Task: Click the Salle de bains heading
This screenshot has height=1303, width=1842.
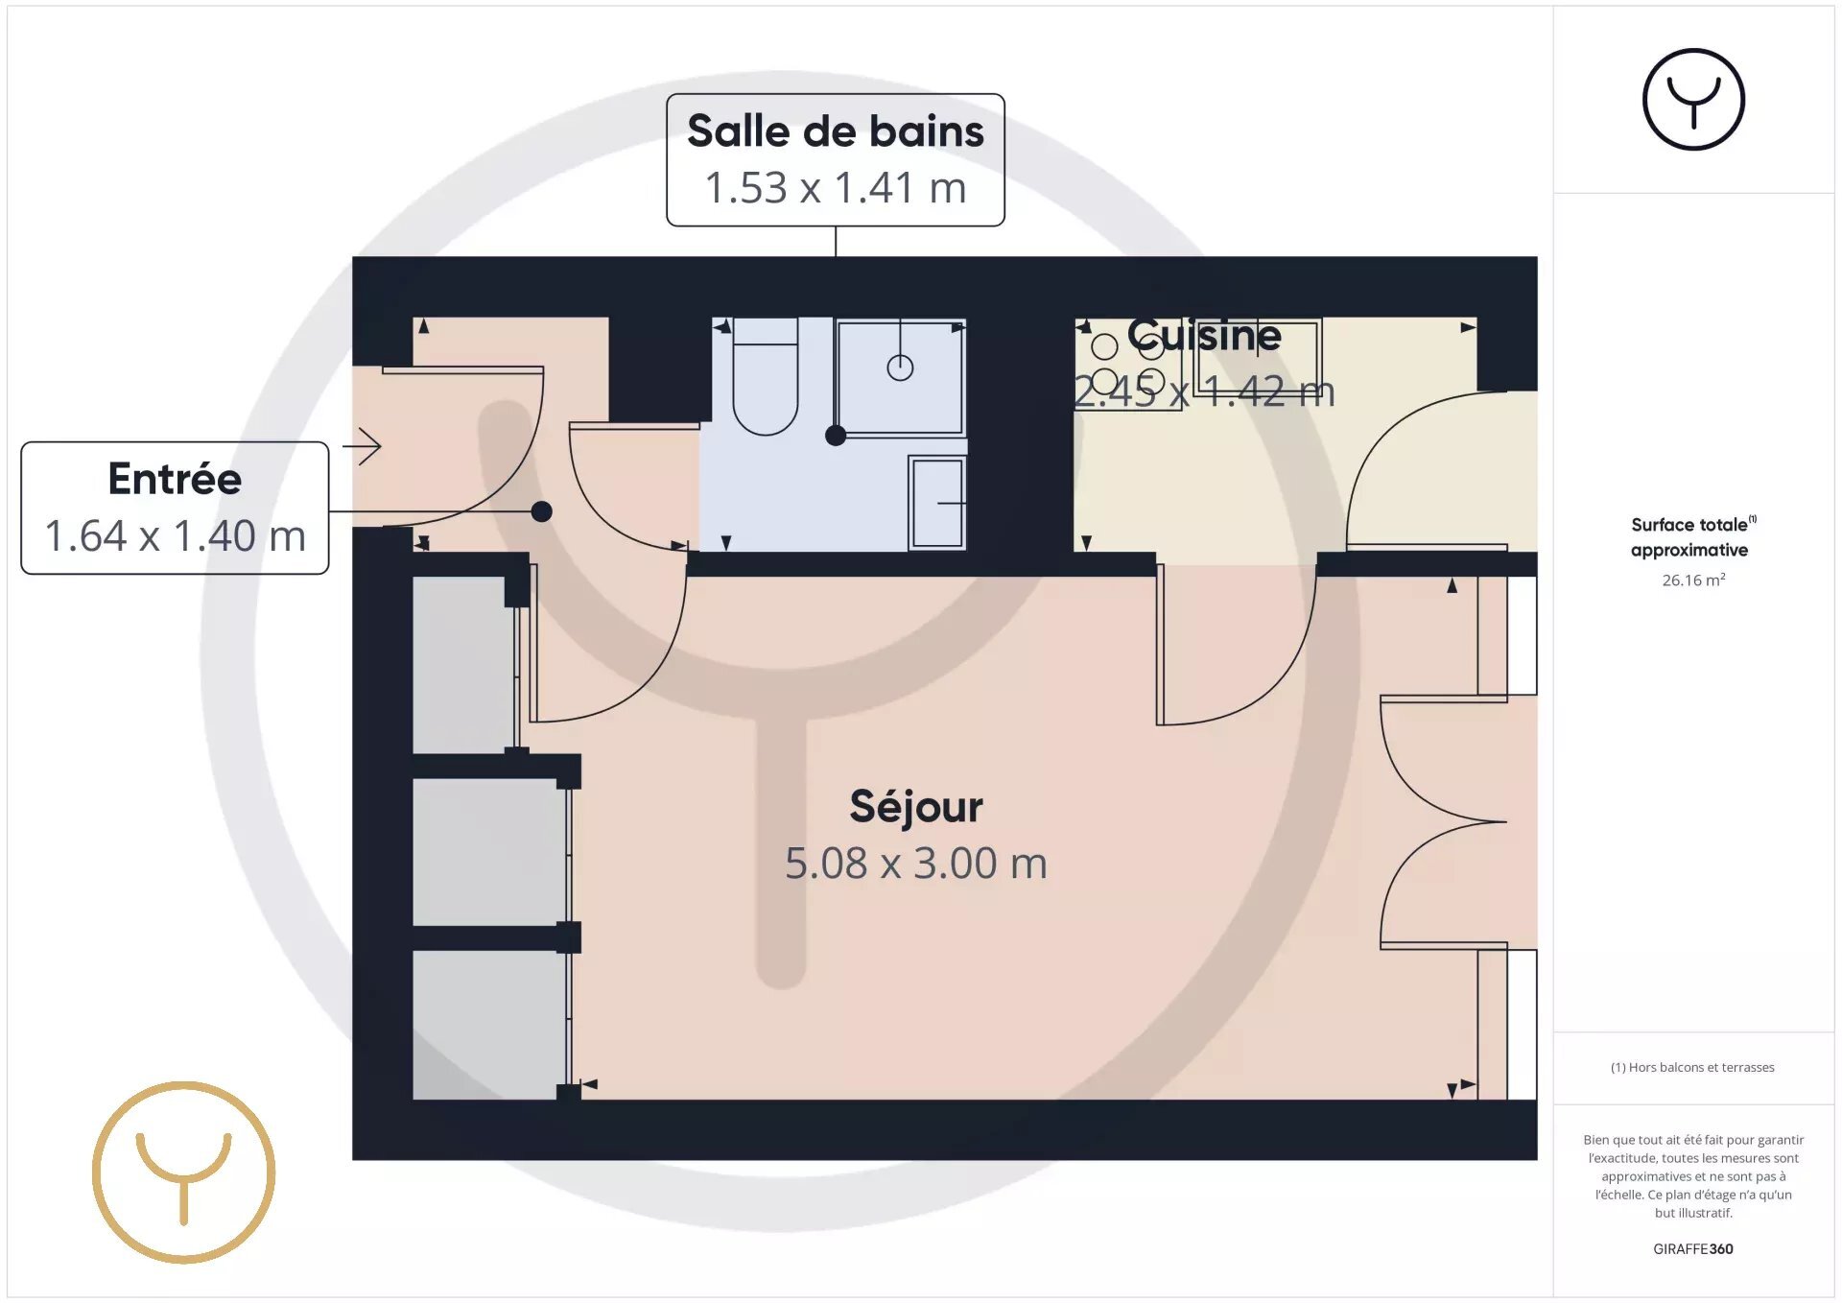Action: tap(836, 131)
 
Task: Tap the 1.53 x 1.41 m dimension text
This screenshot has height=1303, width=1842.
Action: tap(836, 188)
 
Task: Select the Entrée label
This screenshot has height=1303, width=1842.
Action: tap(175, 478)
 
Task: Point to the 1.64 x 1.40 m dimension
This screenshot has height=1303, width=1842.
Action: tap(175, 536)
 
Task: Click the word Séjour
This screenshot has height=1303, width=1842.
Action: tap(916, 808)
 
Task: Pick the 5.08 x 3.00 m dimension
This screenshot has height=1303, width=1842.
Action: tap(916, 864)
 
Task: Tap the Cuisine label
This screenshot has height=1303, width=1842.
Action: tap(1204, 335)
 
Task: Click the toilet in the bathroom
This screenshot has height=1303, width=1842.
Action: tap(766, 376)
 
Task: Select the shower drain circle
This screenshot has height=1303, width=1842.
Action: tap(900, 367)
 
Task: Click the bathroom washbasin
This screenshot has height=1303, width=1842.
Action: tap(937, 503)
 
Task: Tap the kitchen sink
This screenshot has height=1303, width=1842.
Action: tap(1258, 356)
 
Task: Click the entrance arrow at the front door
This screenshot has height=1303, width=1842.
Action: tap(362, 446)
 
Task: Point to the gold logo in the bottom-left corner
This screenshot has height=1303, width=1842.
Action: tap(184, 1173)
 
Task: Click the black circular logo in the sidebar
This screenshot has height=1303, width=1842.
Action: tap(1693, 100)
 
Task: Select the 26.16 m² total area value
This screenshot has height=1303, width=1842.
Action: tap(1693, 580)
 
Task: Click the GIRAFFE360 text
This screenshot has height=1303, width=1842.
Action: tap(1693, 1249)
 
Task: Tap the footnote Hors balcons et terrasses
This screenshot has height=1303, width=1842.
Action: tap(1692, 1067)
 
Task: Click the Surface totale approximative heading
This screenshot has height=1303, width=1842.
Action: tap(1693, 536)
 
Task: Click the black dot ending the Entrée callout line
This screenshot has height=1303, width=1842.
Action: tap(542, 511)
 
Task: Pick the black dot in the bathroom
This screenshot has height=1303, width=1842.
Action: tap(836, 436)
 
